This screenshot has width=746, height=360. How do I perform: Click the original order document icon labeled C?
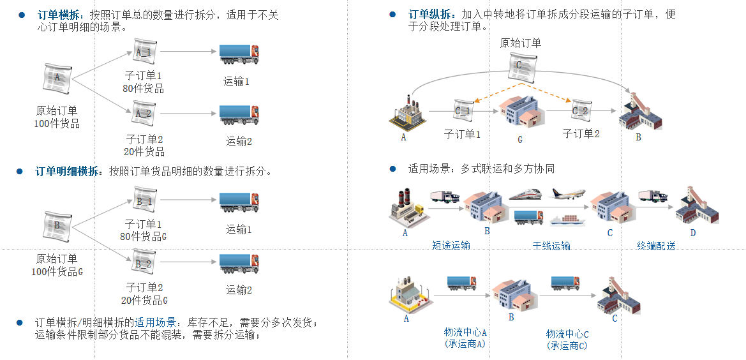522,66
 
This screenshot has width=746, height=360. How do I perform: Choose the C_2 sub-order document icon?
581,110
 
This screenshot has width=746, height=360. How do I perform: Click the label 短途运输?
451,245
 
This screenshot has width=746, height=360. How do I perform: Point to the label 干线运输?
551,245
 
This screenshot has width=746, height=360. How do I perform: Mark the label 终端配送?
656,245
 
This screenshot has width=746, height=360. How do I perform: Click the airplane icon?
567,193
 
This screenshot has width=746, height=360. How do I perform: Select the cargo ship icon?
567,219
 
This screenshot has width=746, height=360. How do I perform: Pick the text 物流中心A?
465,332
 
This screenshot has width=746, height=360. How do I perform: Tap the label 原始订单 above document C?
521,43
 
